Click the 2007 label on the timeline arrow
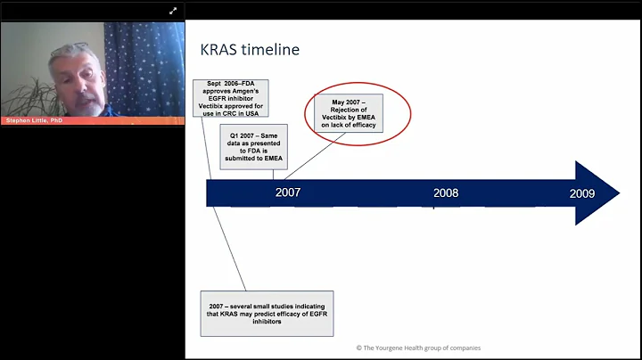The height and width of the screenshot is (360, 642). (288, 192)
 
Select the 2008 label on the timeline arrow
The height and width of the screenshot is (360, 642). (446, 192)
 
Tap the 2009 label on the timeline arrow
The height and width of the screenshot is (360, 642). (582, 192)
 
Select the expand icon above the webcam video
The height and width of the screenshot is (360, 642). (174, 11)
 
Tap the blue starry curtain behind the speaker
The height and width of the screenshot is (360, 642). (143, 62)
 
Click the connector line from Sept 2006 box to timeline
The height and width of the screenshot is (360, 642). (210, 151)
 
